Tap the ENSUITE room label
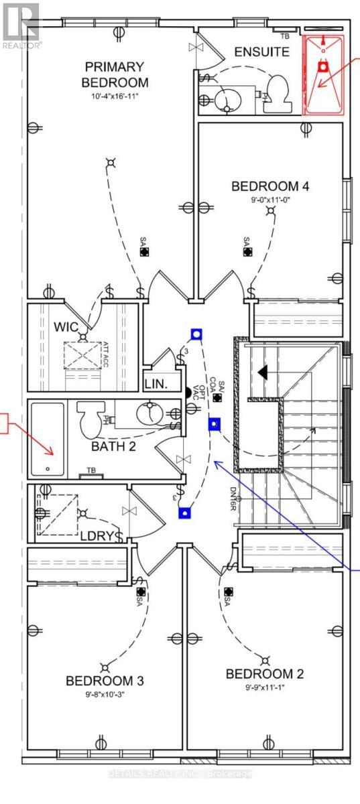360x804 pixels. coord(262,52)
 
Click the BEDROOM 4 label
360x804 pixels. coord(269,186)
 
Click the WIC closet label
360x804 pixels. coord(66,328)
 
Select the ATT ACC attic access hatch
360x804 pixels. coord(82,353)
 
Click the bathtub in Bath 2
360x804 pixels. coord(47,439)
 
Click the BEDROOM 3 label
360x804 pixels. coord(105,681)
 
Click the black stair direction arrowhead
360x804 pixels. coord(263,371)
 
